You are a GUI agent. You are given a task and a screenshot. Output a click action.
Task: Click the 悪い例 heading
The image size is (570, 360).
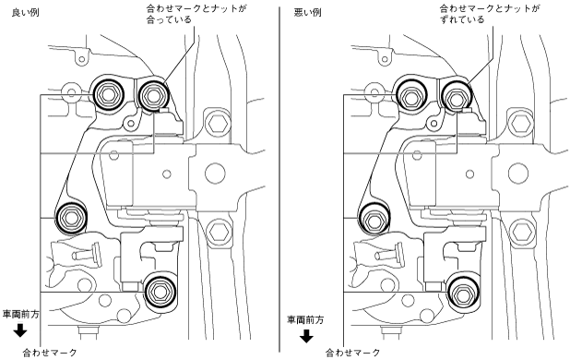coord(307,12)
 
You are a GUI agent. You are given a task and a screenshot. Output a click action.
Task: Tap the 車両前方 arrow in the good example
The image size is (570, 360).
coord(20,330)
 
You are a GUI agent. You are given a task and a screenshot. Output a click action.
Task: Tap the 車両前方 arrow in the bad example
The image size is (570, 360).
coord(306,336)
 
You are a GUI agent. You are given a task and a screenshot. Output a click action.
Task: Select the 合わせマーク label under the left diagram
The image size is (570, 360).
coord(50,353)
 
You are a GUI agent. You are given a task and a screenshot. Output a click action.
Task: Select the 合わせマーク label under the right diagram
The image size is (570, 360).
coord(352,353)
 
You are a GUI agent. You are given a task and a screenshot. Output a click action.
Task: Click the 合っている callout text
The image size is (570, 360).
coord(169,19)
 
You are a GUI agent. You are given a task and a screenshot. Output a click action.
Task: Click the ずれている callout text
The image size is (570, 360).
coord(462,19)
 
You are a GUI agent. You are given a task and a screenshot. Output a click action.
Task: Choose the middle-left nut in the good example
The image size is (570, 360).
coord(70,218)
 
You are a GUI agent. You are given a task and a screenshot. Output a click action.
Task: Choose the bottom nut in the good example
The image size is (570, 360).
coord(160,292)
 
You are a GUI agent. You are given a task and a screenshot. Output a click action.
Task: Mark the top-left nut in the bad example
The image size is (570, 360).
coord(410,96)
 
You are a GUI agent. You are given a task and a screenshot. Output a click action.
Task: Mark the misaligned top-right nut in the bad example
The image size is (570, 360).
coord(456,97)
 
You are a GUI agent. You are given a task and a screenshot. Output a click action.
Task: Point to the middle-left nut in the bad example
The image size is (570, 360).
coord(374,219)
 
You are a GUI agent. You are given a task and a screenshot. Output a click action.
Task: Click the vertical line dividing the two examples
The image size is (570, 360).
coord(279,180)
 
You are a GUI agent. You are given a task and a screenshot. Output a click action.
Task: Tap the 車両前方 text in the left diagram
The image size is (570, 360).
coord(20,314)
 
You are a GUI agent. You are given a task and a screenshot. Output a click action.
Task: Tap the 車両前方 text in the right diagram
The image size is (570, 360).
coord(305,320)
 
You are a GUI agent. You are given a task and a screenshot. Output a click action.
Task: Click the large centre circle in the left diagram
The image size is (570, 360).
coord(215,173)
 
